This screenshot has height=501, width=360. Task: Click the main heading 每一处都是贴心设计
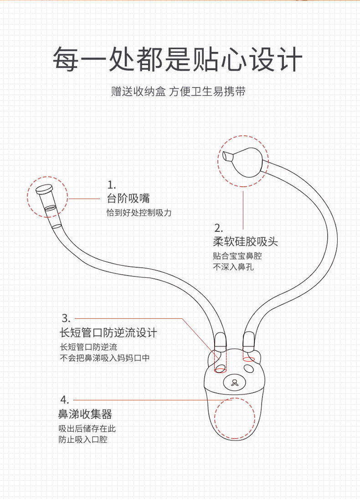pyautogui.click(x=178, y=59)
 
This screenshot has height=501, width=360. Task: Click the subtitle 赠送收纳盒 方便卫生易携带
pyautogui.click(x=179, y=92)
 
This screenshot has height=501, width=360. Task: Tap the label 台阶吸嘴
pyautogui.click(x=128, y=199)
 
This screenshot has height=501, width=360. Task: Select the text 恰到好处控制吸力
pyautogui.click(x=139, y=213)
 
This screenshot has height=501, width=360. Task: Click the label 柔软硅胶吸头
pyautogui.click(x=245, y=241)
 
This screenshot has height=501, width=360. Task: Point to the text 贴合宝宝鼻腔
pyautogui.click(x=237, y=256)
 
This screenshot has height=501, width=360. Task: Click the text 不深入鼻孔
pyautogui.click(x=233, y=267)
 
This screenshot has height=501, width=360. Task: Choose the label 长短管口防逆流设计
pyautogui.click(x=108, y=332)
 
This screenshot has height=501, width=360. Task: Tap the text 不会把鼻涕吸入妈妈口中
pyautogui.click(x=105, y=358)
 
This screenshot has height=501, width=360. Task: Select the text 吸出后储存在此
pyautogui.click(x=87, y=429)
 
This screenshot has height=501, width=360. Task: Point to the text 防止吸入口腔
pyautogui.click(x=83, y=440)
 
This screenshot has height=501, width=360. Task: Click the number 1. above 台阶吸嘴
pyautogui.click(x=112, y=185)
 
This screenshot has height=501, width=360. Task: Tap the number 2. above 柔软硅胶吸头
pyautogui.click(x=218, y=228)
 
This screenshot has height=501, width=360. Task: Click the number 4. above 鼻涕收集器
pyautogui.click(x=64, y=400)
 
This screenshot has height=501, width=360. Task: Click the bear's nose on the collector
pyautogui.click(x=235, y=382)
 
